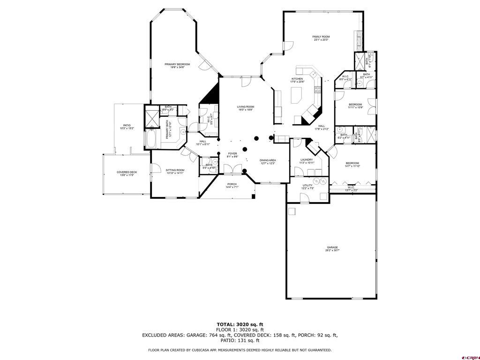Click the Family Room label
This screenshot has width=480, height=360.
[321, 37]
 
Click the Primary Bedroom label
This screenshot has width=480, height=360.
[177, 64]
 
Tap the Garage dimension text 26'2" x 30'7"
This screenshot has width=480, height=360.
[332, 251]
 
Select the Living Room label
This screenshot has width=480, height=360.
[245, 107]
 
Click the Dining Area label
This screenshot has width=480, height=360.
[268, 160]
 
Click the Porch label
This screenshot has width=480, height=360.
[232, 184]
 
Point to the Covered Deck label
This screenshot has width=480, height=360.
[127, 172]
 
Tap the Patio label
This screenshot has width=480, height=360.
[127, 125]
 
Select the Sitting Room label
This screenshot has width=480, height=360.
[175, 170]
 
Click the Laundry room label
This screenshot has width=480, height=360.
[307, 160]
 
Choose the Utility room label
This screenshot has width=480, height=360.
[307, 185]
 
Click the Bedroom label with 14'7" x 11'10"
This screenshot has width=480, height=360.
[352, 163]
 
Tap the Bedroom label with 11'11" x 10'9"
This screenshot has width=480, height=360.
[355, 105]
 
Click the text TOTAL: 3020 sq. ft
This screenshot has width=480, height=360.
[240, 324]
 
